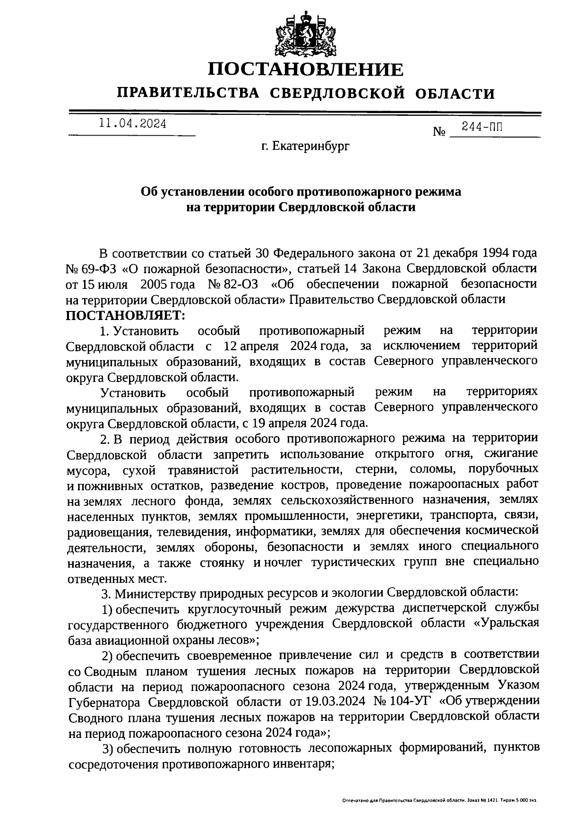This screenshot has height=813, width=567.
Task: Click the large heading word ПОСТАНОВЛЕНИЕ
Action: (306, 70)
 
